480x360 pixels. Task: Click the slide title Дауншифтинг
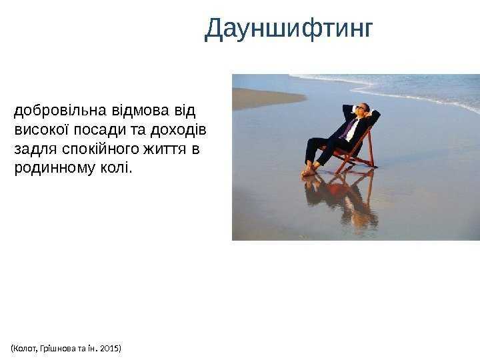(x=289, y=29)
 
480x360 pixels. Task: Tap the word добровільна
(x=60, y=110)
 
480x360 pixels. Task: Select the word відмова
(x=140, y=110)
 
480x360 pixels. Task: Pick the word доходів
(x=178, y=130)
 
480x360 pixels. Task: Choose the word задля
(x=35, y=150)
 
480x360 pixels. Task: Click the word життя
(x=165, y=149)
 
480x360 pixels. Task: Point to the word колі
(x=116, y=168)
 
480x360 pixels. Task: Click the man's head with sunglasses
(x=361, y=109)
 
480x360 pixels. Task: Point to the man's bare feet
(x=309, y=170)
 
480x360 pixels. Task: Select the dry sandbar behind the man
(x=267, y=99)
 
